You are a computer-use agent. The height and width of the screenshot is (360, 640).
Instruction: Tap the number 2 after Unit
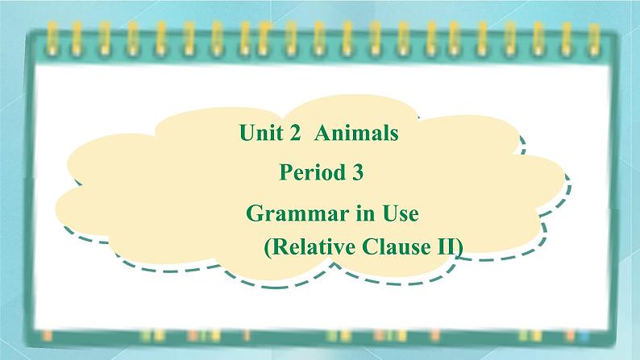click(x=295, y=134)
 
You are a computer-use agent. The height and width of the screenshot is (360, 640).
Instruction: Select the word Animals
click(x=356, y=133)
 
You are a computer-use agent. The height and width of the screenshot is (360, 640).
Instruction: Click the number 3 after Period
click(x=357, y=172)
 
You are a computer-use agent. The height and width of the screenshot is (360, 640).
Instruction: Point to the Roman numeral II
click(x=444, y=247)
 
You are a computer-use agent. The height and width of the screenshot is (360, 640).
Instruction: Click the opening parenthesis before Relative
click(x=268, y=247)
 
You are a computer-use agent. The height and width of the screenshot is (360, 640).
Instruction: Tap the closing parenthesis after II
click(x=459, y=247)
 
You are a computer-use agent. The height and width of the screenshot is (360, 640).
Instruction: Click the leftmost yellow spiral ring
click(x=51, y=39)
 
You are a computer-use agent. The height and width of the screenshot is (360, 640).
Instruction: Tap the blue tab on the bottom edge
click(x=584, y=336)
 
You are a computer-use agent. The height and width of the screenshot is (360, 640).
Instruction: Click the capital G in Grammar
click(x=254, y=213)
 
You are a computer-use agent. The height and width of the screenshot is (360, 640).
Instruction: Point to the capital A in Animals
click(x=322, y=133)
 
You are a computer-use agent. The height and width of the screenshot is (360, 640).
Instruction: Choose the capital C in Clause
click(x=370, y=246)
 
